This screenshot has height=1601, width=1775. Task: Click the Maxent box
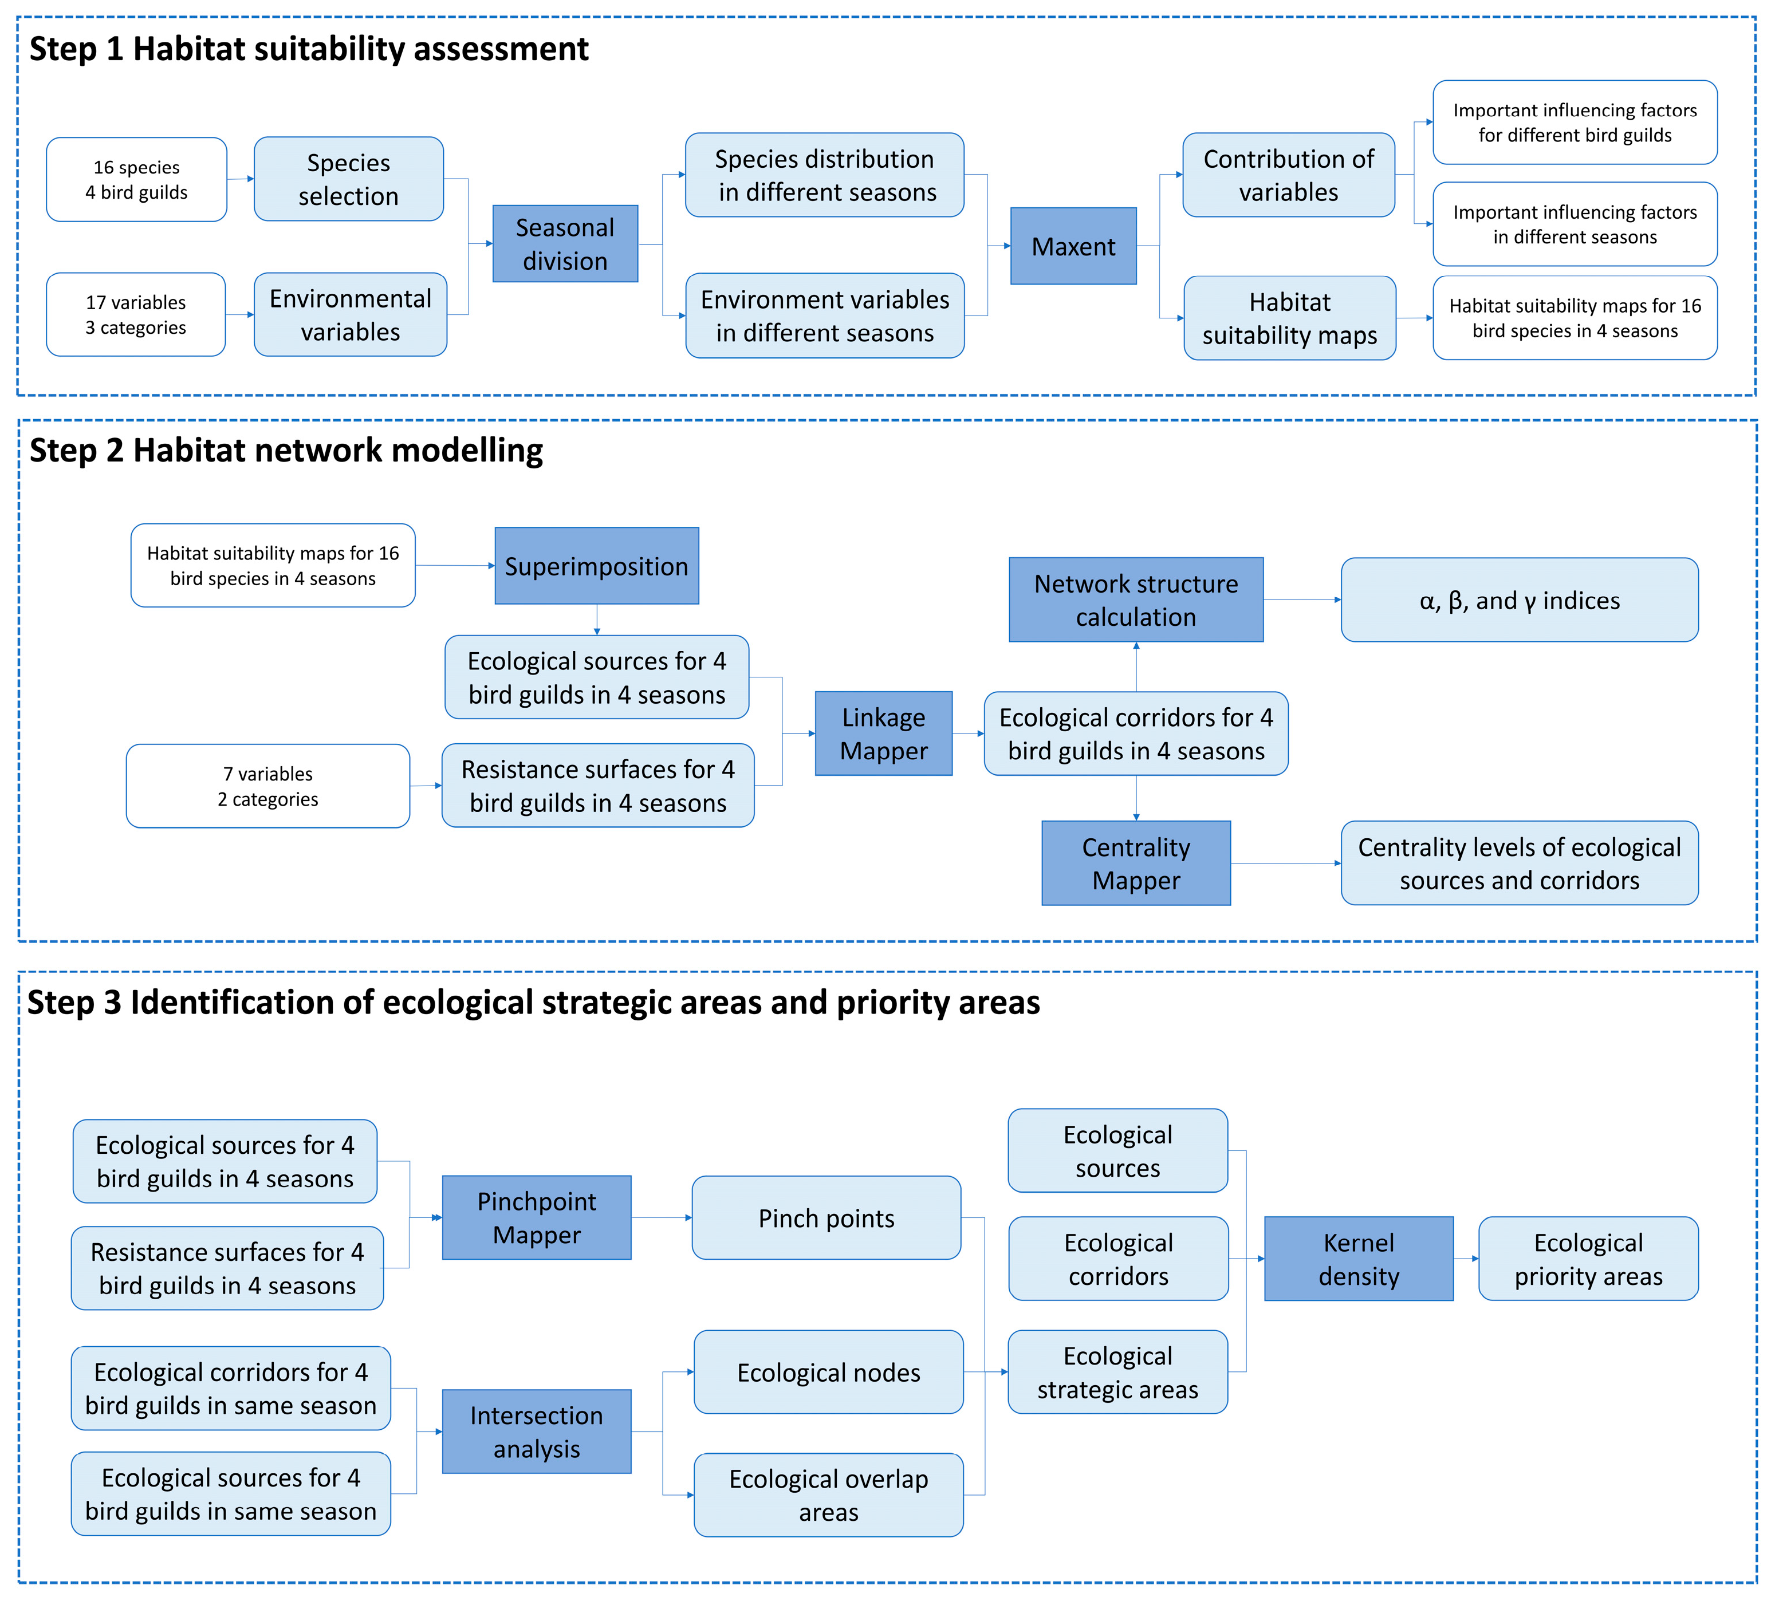1073,246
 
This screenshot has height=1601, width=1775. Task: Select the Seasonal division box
565,244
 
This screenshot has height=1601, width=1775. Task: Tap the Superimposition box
597,566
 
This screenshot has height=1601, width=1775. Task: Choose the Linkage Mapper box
884,734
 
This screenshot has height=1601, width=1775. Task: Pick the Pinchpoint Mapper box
537,1217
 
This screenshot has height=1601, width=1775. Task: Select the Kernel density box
1359,1259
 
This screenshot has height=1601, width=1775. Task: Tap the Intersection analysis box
537,1432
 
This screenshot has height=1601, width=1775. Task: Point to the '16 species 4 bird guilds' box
136,179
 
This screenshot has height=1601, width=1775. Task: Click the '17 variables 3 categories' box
136,315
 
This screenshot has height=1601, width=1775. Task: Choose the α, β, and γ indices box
1520,600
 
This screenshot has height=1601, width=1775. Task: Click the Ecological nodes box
828,1373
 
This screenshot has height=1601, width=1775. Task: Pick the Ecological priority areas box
1588,1259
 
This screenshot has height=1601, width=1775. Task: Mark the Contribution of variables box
1288,175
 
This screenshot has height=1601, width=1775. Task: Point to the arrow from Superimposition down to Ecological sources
597,620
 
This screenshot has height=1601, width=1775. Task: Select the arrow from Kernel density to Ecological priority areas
1466,1259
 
